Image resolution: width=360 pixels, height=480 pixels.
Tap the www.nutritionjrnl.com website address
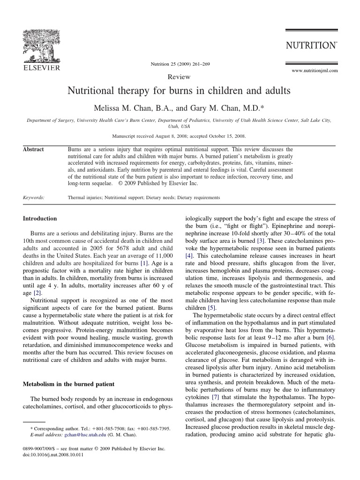pyautogui.click(x=315, y=70)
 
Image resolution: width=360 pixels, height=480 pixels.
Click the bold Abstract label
pyautogui.click(x=33, y=150)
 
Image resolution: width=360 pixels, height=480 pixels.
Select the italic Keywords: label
pyautogui.click(x=34, y=198)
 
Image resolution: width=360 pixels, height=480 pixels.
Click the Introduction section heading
pyautogui.click(x=40, y=218)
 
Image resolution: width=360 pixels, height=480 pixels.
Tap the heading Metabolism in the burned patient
pyautogui.click(x=68, y=384)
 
